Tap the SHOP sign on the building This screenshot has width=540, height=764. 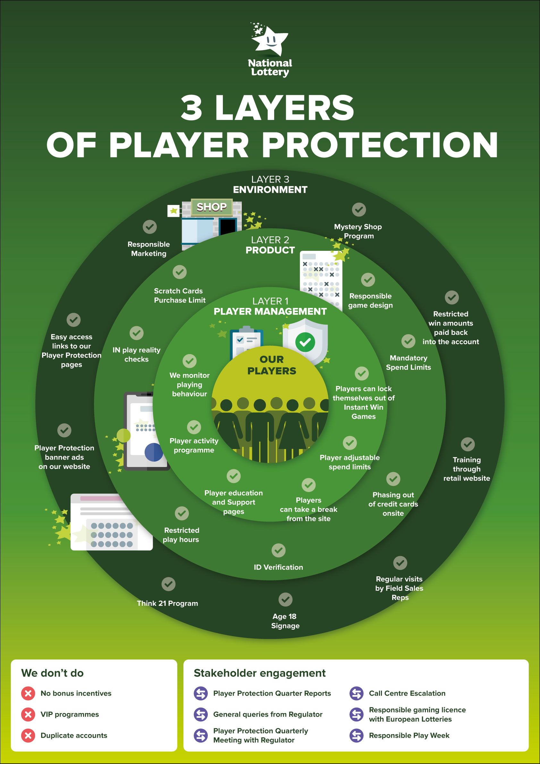(211, 207)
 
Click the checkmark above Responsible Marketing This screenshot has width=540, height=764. (150, 227)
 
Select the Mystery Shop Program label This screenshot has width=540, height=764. (358, 231)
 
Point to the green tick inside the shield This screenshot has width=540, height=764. (305, 342)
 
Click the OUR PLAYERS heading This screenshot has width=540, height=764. (272, 365)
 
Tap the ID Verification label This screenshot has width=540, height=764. (278, 567)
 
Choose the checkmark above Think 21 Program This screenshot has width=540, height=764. (168, 584)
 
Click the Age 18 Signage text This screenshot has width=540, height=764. (285, 621)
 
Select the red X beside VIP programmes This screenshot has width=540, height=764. (28, 714)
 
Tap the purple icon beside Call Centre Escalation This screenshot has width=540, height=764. (356, 693)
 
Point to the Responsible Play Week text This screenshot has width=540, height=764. (409, 735)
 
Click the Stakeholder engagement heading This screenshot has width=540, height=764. (259, 673)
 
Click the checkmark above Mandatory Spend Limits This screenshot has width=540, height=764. (408, 341)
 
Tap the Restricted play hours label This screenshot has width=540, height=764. (181, 535)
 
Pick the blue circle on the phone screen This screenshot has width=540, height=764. (154, 452)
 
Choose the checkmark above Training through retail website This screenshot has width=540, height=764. (468, 444)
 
